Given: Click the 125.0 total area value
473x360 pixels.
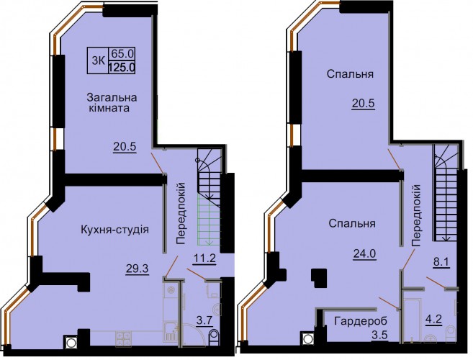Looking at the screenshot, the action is (x=121, y=66).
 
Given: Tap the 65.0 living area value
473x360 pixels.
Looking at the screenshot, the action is (x=122, y=54).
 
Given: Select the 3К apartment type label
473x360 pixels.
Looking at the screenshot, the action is (x=98, y=60).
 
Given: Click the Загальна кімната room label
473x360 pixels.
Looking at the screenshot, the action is (x=112, y=102).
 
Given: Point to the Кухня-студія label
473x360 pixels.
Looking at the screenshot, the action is (x=114, y=230).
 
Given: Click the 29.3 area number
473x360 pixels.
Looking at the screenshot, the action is (x=138, y=268).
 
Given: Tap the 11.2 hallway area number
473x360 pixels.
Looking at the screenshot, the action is (x=204, y=258).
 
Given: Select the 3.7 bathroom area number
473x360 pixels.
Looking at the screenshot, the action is (x=204, y=321).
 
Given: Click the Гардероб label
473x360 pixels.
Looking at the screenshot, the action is (x=361, y=321).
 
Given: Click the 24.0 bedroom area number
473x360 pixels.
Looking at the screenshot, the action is (x=364, y=253).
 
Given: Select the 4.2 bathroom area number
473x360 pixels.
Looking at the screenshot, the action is (x=434, y=319).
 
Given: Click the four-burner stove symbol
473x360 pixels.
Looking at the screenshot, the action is (x=123, y=338).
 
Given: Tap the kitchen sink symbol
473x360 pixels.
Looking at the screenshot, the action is (x=171, y=333).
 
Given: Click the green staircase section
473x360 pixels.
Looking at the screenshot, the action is (x=209, y=220).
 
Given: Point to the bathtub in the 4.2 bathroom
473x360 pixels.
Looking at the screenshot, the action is (x=413, y=320).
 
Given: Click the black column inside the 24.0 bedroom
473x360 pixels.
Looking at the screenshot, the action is (x=318, y=277).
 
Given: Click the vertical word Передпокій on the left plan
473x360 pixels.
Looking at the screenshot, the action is (x=180, y=212).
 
